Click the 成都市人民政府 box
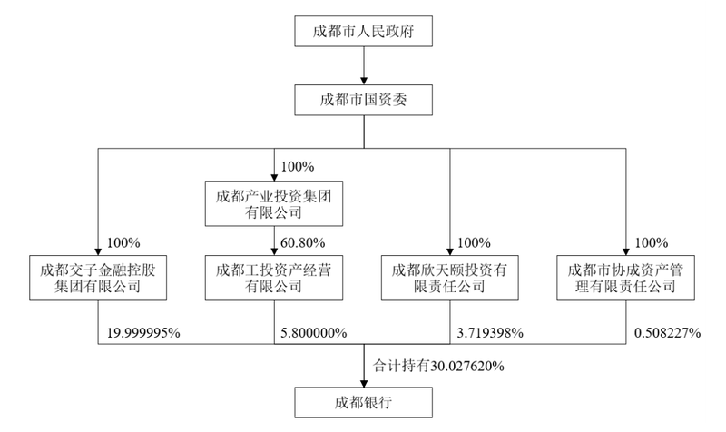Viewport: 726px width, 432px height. click(364, 31)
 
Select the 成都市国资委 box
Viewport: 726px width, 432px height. click(364, 100)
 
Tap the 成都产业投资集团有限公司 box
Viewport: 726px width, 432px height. click(274, 203)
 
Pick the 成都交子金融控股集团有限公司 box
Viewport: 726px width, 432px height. click(98, 278)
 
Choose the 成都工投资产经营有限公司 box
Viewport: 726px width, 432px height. click(274, 278)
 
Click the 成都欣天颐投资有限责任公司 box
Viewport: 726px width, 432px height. click(449, 278)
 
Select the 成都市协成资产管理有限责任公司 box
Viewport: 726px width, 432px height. click(625, 278)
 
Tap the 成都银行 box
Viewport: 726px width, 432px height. click(364, 403)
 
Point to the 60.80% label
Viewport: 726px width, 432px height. click(303, 242)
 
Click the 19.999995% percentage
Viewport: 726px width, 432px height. click(143, 333)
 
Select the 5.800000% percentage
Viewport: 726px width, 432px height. click(314, 333)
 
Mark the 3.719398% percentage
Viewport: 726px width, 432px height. click(490, 333)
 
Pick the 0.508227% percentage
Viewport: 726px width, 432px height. click(667, 333)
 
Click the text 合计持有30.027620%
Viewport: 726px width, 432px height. click(438, 367)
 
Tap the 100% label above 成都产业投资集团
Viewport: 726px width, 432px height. click(298, 167)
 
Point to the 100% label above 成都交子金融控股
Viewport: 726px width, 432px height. click(123, 242)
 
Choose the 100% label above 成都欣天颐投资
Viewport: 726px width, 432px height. click(474, 242)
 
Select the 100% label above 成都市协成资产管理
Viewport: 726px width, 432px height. click(652, 242)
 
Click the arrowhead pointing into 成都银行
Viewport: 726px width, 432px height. click(364, 384)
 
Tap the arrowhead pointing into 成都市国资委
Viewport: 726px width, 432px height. click(364, 81)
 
